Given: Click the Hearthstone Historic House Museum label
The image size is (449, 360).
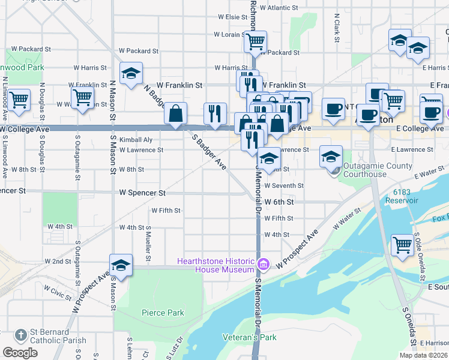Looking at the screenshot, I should tap(215, 265).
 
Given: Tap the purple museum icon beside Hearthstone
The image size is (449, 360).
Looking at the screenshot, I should tap(262, 265).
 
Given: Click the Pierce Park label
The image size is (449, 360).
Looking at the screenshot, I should tap(163, 313).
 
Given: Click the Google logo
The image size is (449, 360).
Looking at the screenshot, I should tap(20, 353).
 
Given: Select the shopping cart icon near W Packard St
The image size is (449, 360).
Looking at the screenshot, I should tap(255, 41).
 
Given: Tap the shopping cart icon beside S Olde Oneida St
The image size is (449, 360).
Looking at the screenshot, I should tap(402, 244).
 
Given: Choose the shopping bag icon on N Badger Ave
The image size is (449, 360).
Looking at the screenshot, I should tap(175, 113).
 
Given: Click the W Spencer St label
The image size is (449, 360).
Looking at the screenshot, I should tap(142, 193).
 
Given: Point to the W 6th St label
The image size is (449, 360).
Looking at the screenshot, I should tap(279, 202).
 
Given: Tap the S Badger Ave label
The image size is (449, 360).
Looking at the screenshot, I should tap(209, 151).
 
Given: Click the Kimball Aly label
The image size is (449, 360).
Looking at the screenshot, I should tap(136, 140).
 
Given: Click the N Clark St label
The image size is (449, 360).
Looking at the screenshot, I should tap(337, 24).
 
